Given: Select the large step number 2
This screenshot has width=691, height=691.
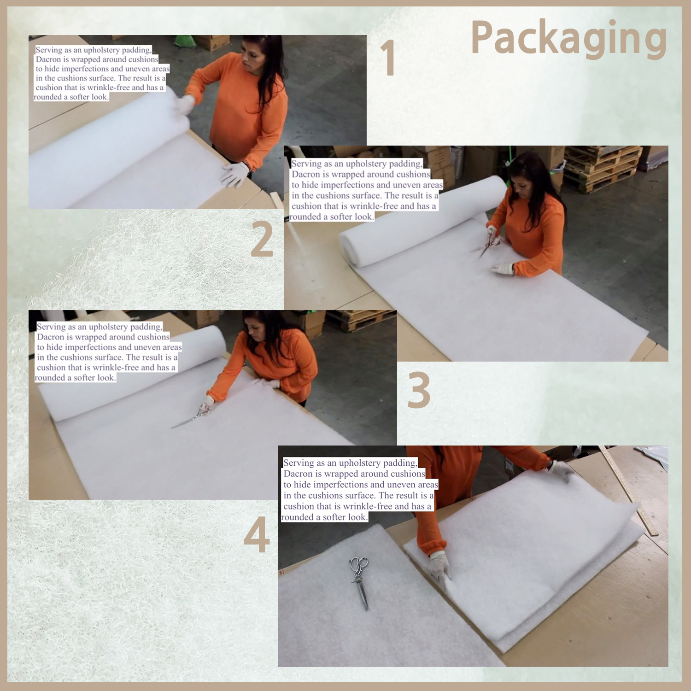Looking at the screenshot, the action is tap(262, 239).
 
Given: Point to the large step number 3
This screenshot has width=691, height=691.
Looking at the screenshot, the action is tap(419, 390).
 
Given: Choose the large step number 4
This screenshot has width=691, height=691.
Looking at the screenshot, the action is tap(257, 534).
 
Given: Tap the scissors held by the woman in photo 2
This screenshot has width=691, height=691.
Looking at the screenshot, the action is tap(488, 244).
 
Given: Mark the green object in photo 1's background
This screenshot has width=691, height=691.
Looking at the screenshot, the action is tap(185, 41).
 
